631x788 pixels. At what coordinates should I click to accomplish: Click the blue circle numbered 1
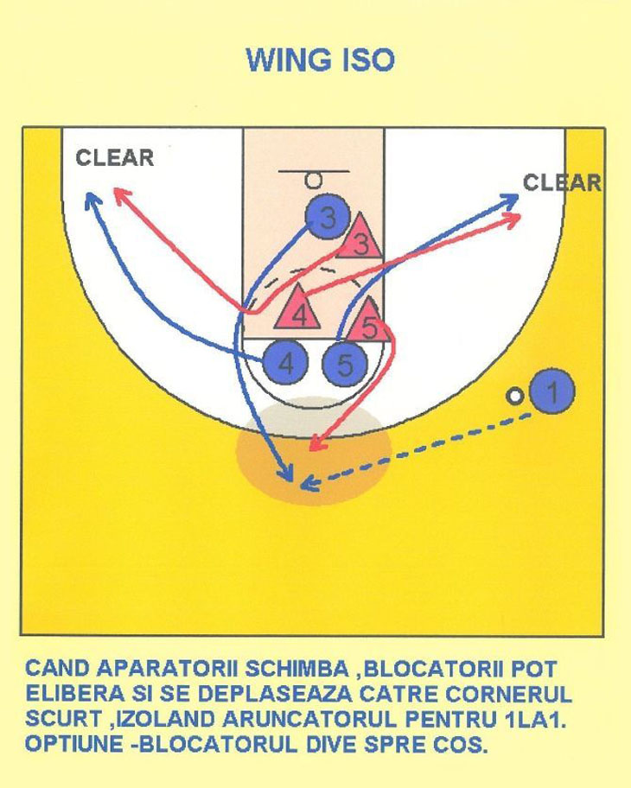(553, 391)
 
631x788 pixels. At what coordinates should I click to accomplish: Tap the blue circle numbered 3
(326, 219)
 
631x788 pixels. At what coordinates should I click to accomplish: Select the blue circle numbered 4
(286, 364)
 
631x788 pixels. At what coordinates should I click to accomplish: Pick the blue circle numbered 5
(345, 365)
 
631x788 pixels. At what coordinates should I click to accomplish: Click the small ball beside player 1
(516, 396)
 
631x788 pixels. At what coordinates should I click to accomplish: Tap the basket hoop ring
(314, 181)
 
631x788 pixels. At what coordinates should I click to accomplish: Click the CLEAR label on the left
(114, 158)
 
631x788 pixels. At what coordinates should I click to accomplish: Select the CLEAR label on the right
(562, 182)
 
